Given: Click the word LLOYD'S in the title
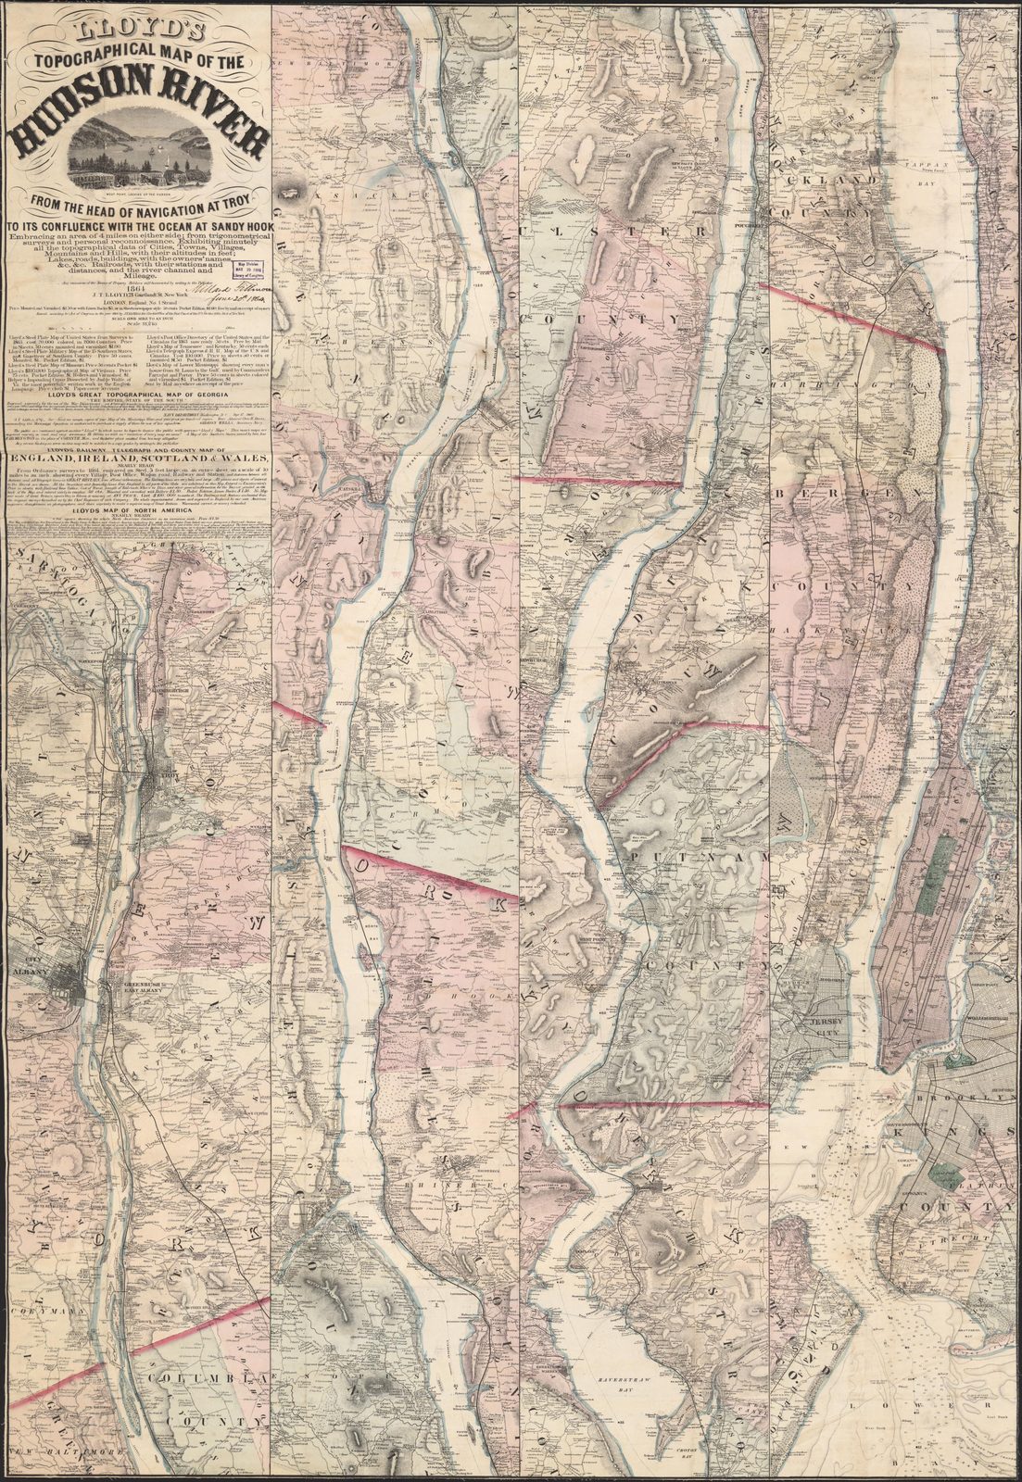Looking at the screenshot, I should tap(138, 18).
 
